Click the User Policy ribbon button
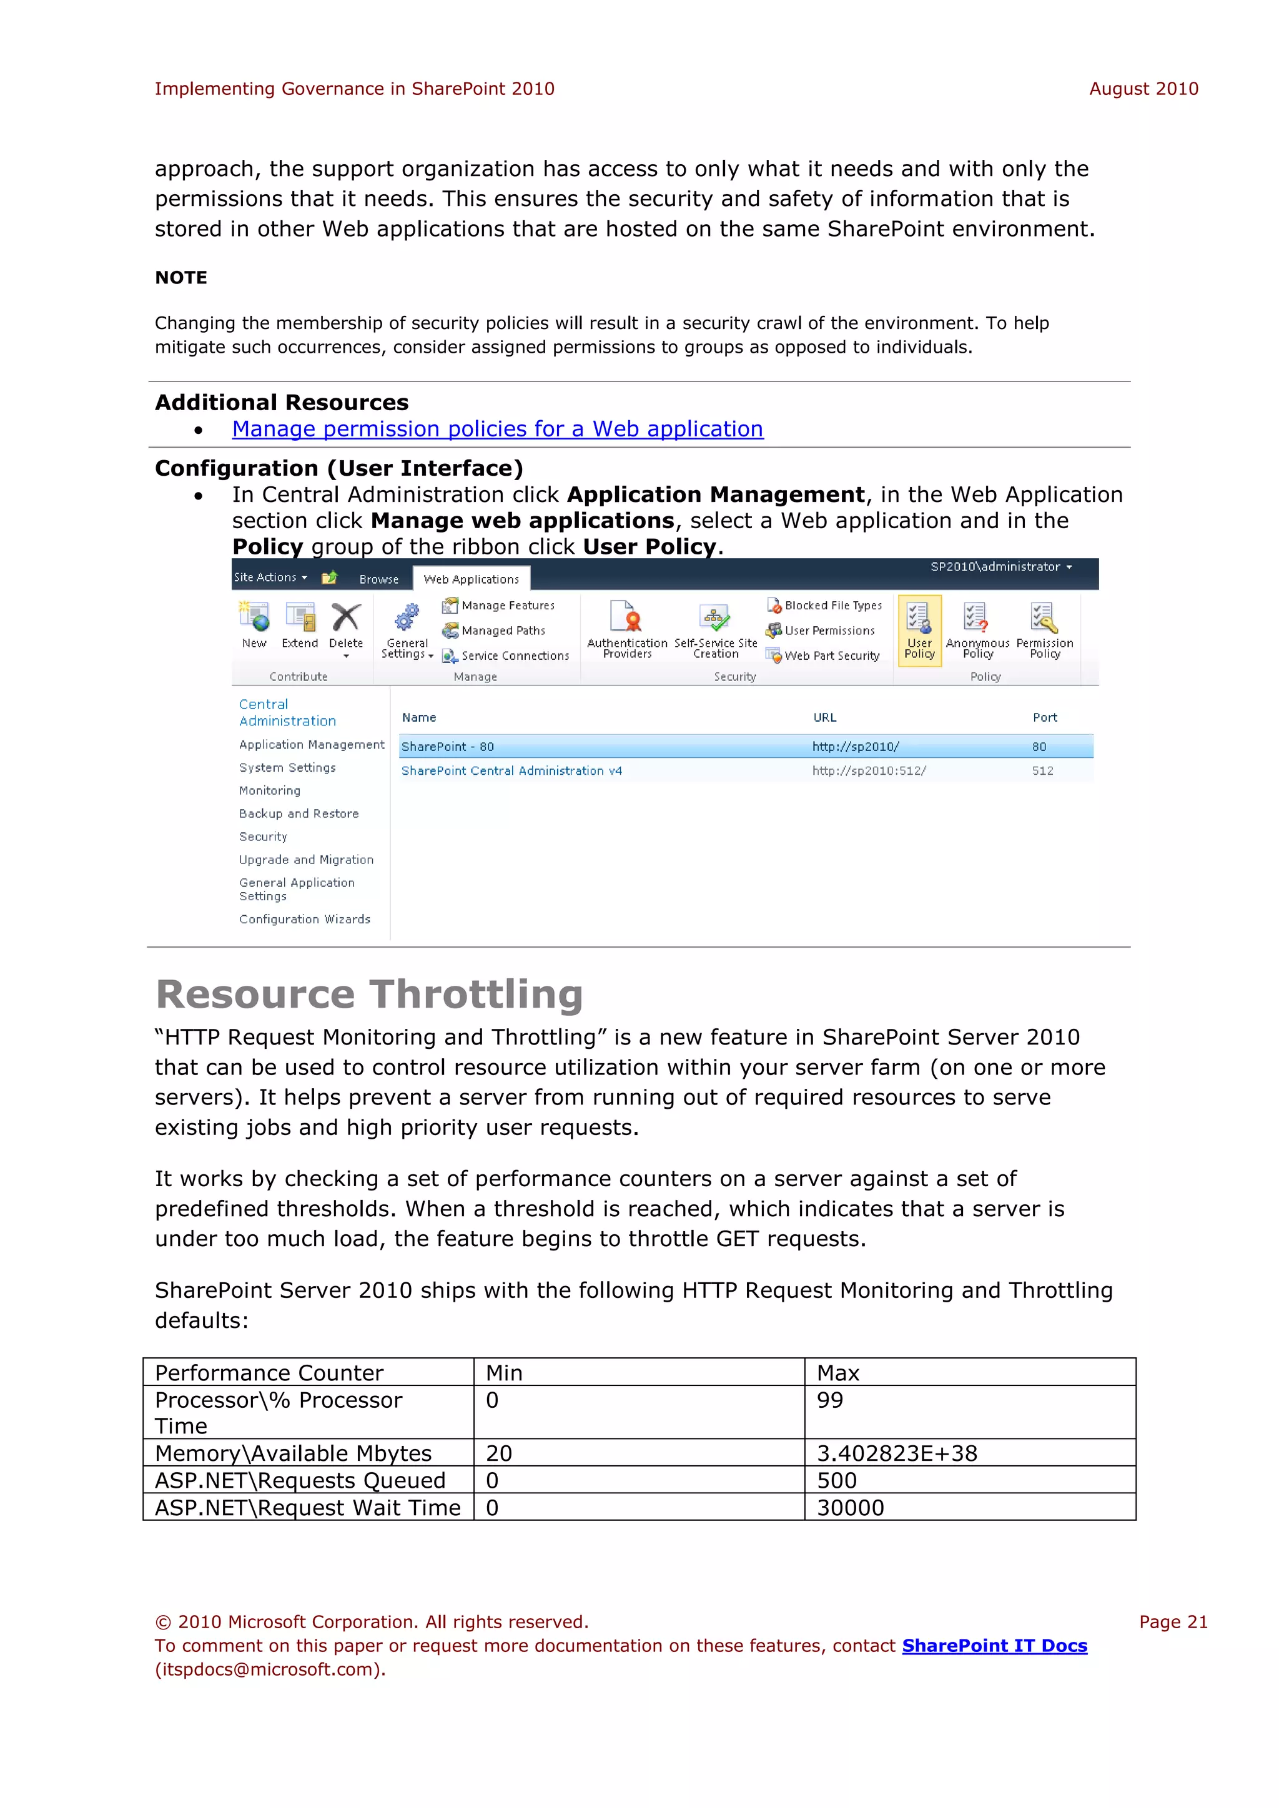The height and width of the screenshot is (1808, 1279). [919, 631]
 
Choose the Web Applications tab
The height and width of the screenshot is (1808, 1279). [471, 579]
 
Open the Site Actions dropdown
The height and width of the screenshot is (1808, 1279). [270, 577]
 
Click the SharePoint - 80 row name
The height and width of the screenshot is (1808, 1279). [447, 747]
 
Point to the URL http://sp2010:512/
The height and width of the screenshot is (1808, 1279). [869, 771]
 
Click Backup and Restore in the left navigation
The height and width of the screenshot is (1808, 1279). [299, 813]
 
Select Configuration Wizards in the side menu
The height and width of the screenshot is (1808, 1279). [304, 919]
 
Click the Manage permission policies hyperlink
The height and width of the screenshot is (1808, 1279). [497, 429]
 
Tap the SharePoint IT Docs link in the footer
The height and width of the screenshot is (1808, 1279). [994, 1646]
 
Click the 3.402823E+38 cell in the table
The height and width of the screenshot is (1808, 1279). [896, 1453]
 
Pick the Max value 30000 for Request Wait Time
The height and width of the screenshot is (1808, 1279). [850, 1507]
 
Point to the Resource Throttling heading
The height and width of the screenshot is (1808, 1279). [368, 994]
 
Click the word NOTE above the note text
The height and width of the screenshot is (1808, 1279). [181, 278]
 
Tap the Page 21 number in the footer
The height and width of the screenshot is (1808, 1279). [1172, 1621]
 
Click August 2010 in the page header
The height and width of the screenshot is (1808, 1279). [1143, 89]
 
